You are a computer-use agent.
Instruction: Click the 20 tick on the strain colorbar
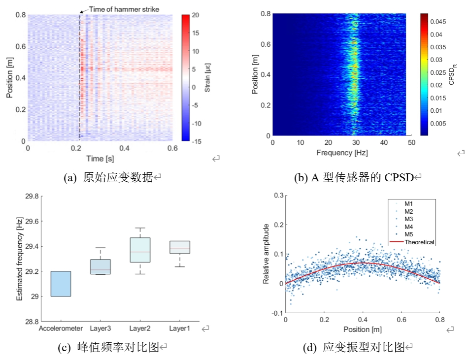pyautogui.click(x=195, y=15)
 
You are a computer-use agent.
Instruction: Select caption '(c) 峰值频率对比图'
pyautogui.click(x=109, y=348)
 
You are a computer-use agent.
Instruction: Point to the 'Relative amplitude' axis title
pyautogui.click(x=266, y=254)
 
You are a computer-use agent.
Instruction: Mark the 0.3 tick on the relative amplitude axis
pyautogui.click(x=278, y=196)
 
